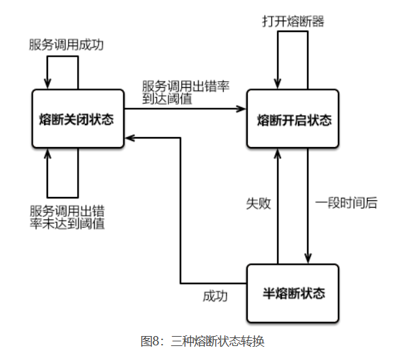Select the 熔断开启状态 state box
[x=293, y=120]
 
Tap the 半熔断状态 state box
[x=293, y=293]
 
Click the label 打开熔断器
[x=293, y=21]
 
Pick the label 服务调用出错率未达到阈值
[x=67, y=217]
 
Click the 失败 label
[x=258, y=203]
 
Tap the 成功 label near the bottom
[x=214, y=296]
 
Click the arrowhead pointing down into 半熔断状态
[x=308, y=260]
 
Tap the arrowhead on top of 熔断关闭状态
[x=47, y=85]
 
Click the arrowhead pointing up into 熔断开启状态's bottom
[x=278, y=153]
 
